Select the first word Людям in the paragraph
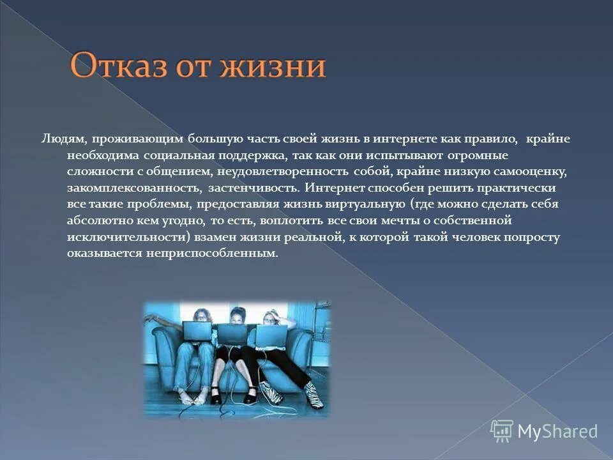[x=61, y=139]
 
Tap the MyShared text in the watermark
[x=557, y=432]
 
